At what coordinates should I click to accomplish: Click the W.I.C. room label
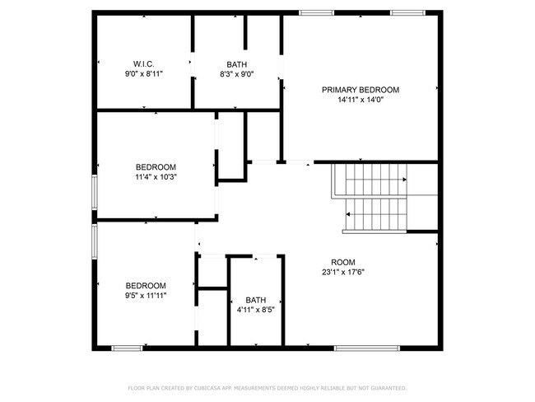pyautogui.click(x=144, y=63)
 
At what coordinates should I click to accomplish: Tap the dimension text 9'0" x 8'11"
pyautogui.click(x=144, y=73)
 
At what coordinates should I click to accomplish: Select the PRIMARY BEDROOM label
pyautogui.click(x=360, y=90)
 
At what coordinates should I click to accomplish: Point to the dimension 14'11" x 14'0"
pyautogui.click(x=360, y=100)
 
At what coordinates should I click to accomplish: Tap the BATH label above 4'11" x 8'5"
pyautogui.click(x=255, y=301)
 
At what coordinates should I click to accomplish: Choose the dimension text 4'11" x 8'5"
pyautogui.click(x=255, y=311)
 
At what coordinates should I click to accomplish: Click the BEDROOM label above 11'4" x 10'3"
pyautogui.click(x=156, y=166)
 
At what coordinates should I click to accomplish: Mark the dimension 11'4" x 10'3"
pyautogui.click(x=156, y=176)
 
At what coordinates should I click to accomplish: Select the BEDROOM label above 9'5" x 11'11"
pyautogui.click(x=145, y=285)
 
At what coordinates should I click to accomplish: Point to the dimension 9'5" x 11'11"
pyautogui.click(x=145, y=295)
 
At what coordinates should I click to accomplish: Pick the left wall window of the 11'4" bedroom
pyautogui.click(x=94, y=194)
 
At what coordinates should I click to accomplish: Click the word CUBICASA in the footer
pyautogui.click(x=207, y=387)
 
